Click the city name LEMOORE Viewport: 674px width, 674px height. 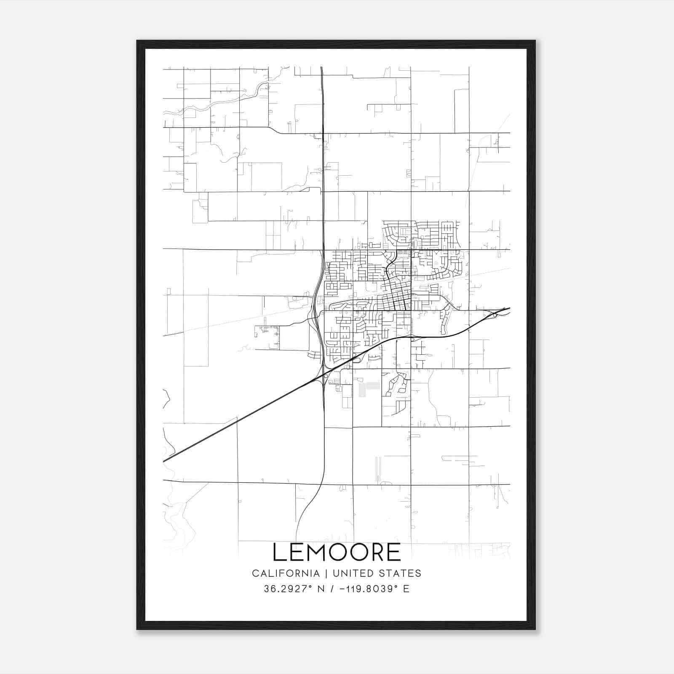(x=337, y=552)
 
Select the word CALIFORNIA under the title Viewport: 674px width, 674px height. (x=286, y=573)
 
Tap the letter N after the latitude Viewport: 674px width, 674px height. (x=321, y=589)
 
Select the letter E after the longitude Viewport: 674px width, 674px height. (x=407, y=589)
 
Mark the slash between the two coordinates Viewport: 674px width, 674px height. (x=333, y=589)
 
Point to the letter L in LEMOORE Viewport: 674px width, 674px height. (x=280, y=552)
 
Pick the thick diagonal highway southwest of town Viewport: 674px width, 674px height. (x=236, y=421)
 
